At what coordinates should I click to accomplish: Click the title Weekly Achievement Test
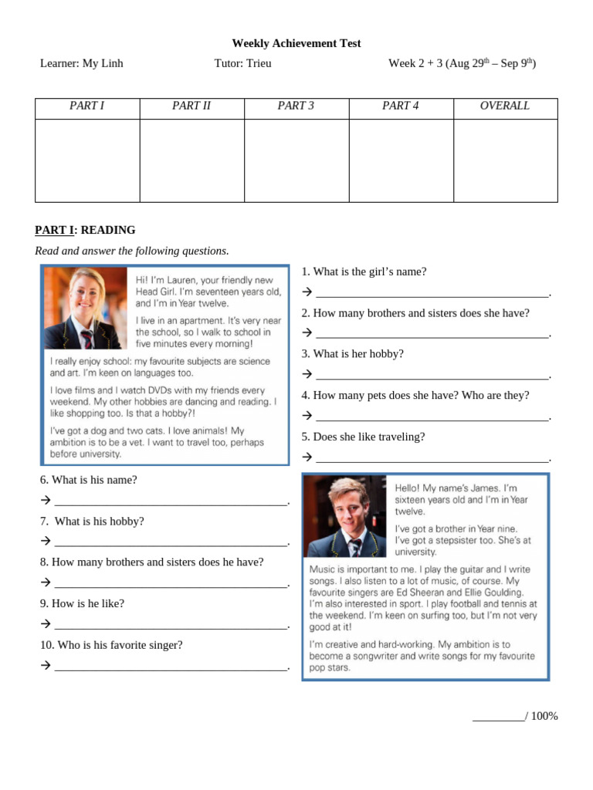296,43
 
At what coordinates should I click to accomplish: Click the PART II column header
191,106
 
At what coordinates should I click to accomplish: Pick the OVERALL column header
505,106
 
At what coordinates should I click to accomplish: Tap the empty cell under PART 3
296,160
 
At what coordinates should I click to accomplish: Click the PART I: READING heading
85,230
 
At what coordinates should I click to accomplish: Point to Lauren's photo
85,308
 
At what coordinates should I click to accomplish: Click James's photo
345,516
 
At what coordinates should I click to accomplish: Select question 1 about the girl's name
364,272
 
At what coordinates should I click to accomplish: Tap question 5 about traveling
363,437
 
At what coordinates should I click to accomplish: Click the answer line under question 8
170,583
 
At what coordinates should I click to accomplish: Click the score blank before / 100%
497,717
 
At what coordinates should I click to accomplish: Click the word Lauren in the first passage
182,280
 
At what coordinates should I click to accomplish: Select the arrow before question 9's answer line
45,624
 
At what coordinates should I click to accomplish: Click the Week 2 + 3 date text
462,63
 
